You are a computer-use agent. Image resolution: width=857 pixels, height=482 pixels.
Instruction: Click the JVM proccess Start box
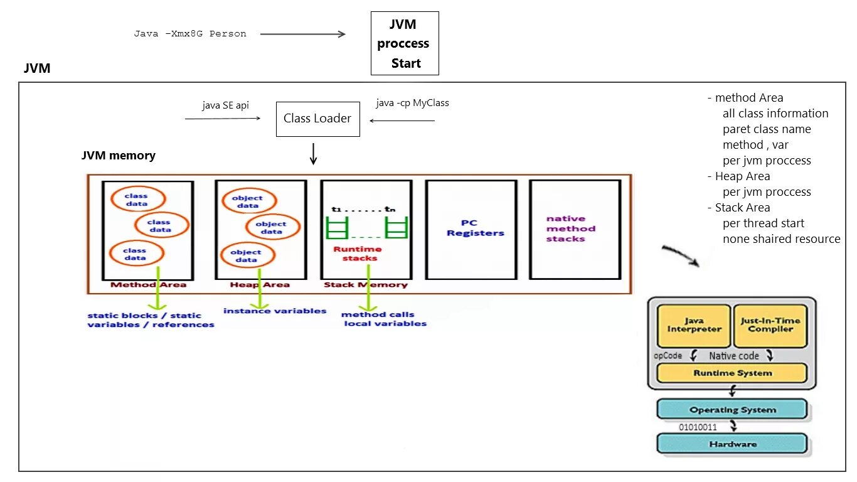click(405, 43)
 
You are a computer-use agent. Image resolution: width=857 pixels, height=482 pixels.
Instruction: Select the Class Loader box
click(318, 119)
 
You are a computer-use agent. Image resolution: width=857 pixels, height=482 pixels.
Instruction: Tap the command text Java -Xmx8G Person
click(190, 34)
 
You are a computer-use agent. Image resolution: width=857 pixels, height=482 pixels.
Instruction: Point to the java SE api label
click(226, 105)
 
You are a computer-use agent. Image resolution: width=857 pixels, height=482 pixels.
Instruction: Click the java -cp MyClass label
click(412, 103)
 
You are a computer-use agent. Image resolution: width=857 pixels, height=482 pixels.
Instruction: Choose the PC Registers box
click(471, 230)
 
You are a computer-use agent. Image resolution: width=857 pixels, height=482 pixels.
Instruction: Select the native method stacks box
click(575, 229)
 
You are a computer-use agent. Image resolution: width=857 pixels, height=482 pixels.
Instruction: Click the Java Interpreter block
click(694, 326)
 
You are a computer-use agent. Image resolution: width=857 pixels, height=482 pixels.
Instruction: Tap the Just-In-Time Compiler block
click(770, 326)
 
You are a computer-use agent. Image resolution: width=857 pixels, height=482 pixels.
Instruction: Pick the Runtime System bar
click(732, 373)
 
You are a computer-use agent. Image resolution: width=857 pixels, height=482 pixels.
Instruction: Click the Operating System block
click(732, 410)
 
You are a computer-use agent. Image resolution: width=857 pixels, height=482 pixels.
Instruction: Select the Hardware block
click(732, 444)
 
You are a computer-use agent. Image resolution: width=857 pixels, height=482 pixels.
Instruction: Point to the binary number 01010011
click(698, 427)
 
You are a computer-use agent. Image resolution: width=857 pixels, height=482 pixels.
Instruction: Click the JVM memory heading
click(119, 156)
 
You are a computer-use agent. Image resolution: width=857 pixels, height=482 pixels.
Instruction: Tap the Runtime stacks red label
click(358, 254)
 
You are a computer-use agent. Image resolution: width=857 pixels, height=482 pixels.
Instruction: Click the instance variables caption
click(275, 311)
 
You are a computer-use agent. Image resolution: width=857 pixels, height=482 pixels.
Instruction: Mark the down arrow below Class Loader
click(313, 154)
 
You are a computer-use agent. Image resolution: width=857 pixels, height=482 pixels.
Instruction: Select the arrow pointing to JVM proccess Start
click(303, 34)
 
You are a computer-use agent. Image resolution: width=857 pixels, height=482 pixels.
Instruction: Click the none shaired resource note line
click(781, 239)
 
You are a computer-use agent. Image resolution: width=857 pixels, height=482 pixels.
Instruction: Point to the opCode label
click(668, 356)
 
